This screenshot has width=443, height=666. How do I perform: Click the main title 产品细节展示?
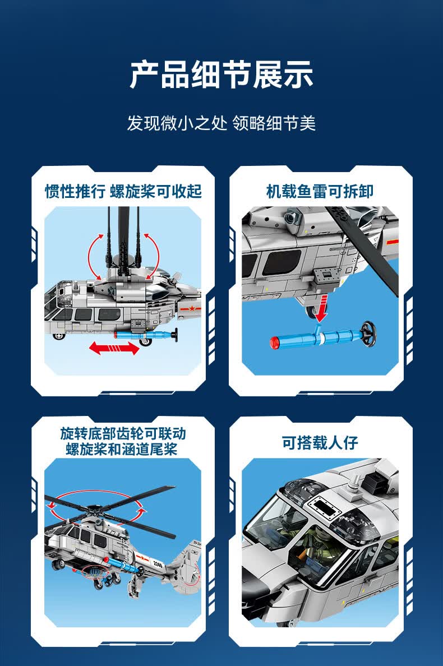221,76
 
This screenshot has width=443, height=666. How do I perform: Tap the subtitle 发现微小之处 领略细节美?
221,123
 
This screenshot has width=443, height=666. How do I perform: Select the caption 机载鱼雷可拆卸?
320,191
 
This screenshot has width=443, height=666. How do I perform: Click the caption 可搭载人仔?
320,442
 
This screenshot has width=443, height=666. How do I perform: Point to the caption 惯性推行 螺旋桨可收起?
123,191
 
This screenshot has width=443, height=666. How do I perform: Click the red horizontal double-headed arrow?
114,349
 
